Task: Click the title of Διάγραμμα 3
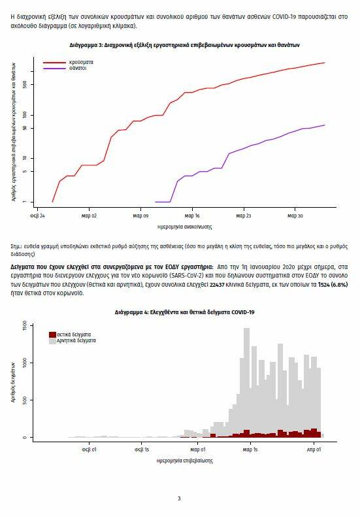[x=184, y=45]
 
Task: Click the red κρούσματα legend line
[x=54, y=63]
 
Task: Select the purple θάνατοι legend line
[x=54, y=69]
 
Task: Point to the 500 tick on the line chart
[x=25, y=85]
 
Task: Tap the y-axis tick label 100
[x=25, y=116]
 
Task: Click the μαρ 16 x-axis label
[x=192, y=216]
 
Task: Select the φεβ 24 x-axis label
[x=37, y=216]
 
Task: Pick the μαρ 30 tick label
[x=295, y=216]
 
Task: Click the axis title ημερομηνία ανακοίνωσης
[x=184, y=227]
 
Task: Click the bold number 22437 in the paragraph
[x=217, y=285]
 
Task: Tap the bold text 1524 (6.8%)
[x=333, y=285]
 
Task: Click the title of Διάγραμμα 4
[x=184, y=312]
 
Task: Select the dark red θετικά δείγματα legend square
[x=52, y=334]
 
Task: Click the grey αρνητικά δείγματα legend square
[x=52, y=341]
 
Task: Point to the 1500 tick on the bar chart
[x=25, y=326]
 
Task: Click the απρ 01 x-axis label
[x=314, y=449]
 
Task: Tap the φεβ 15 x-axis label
[x=142, y=449]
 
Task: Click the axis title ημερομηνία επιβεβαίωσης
[x=184, y=461]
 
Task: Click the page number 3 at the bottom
[x=179, y=498]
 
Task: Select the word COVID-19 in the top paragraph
[x=284, y=16]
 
